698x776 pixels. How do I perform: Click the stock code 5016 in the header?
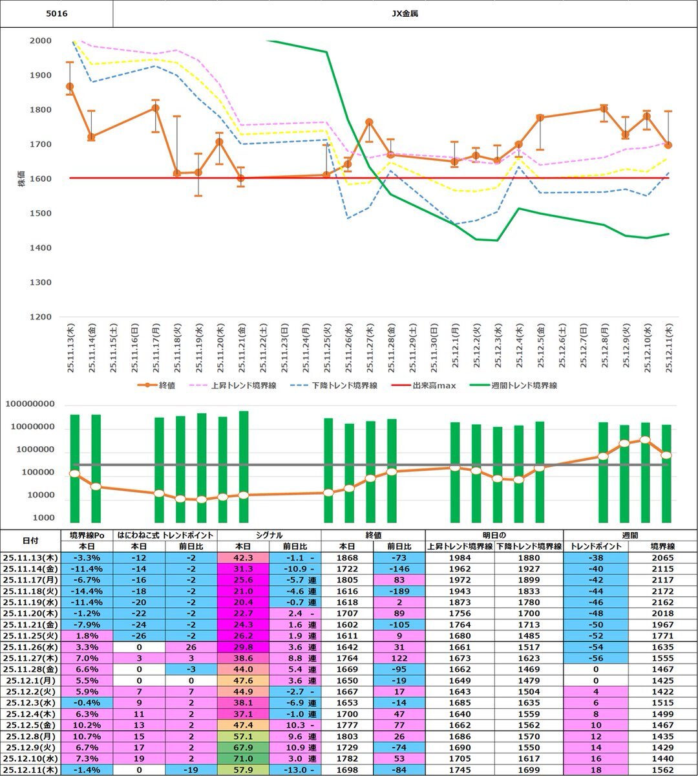[x=56, y=13]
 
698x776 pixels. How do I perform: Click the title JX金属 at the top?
[x=405, y=13]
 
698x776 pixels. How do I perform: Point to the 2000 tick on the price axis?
[x=41, y=41]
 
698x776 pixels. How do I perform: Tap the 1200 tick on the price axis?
[x=41, y=317]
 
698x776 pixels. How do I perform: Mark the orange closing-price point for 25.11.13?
[x=70, y=86]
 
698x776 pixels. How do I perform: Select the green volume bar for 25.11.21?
[x=244, y=466]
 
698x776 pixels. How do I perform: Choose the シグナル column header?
[x=268, y=535]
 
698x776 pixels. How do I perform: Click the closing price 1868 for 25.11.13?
[x=347, y=557]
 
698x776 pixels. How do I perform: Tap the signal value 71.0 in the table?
[x=243, y=759]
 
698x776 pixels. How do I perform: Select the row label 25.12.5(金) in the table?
[x=30, y=725]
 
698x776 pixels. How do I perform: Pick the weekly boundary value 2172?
[x=662, y=591]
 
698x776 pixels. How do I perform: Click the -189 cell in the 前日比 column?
[x=399, y=591]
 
